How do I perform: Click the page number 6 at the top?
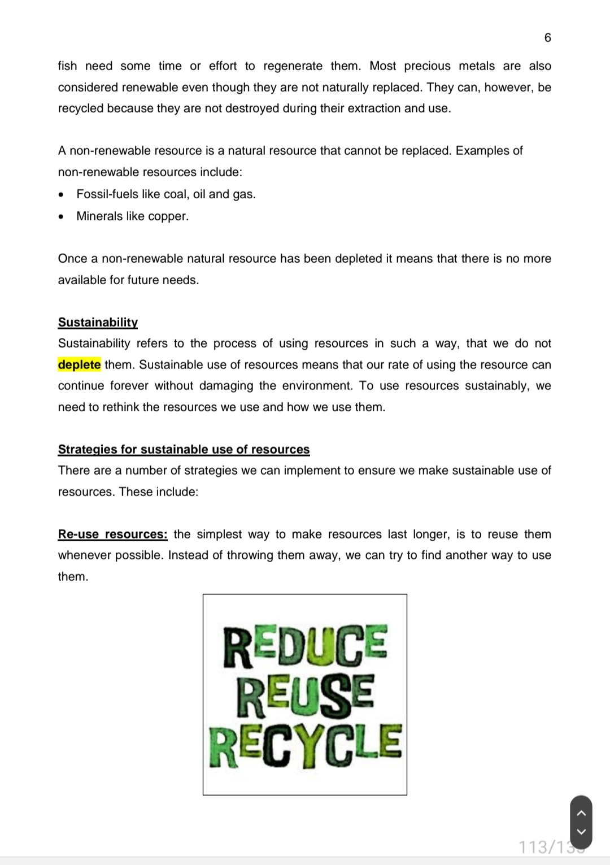tap(547, 38)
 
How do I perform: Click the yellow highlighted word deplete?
tap(79, 364)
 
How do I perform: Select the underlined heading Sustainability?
tap(98, 322)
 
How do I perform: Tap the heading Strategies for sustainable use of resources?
tap(184, 449)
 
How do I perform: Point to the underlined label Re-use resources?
tap(112, 534)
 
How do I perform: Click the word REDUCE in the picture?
tap(305, 646)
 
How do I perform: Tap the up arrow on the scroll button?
tap(582, 813)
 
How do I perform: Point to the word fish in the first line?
tap(67, 66)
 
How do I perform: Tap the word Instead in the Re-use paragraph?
tap(188, 555)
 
